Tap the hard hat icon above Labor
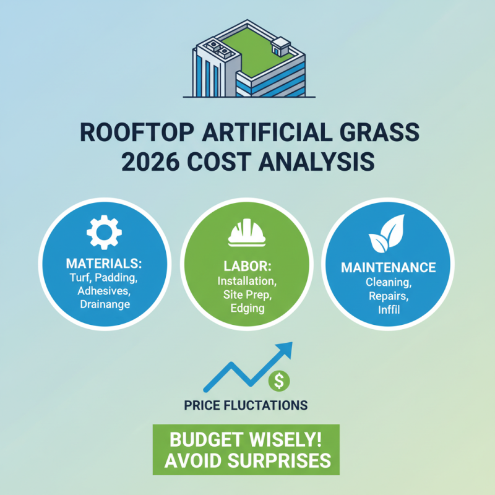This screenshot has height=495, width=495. (x=247, y=233)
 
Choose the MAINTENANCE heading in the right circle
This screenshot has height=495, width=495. (x=389, y=268)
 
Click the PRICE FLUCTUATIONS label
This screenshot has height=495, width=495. (x=246, y=406)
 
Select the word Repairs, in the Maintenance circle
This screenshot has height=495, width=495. (x=389, y=295)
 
